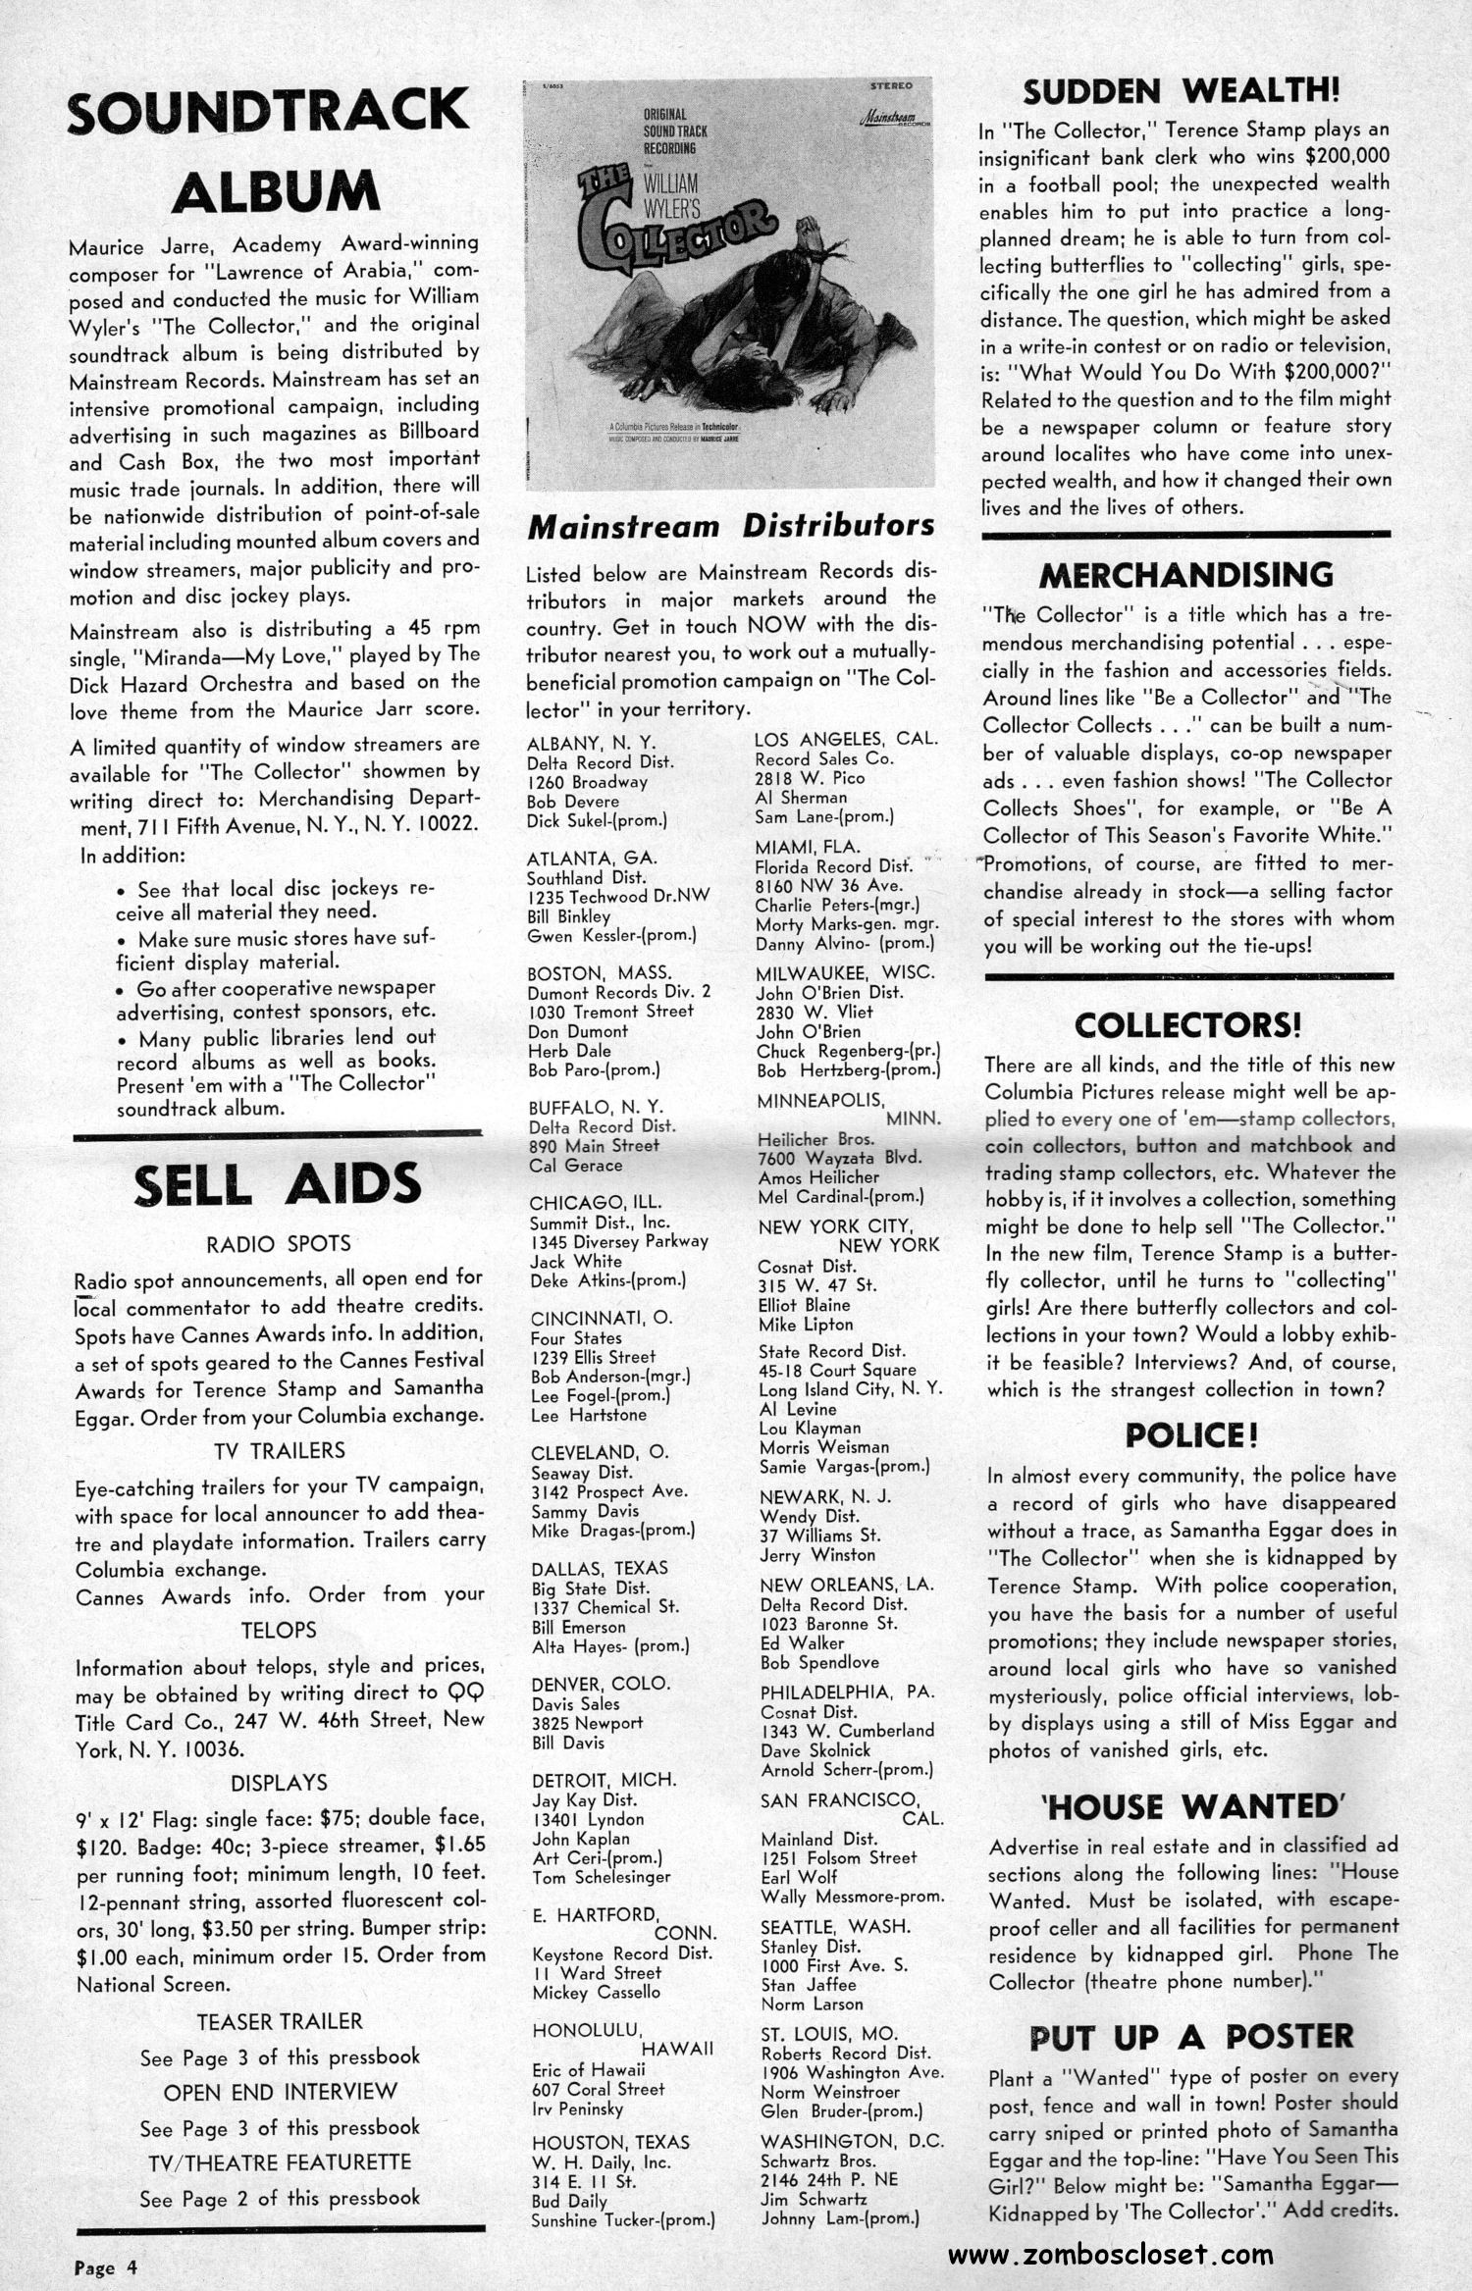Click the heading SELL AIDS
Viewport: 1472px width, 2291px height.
(278, 1185)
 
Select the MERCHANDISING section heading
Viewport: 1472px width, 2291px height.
(1186, 575)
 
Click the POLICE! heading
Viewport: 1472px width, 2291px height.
(1191, 1434)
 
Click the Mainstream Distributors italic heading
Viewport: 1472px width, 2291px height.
(730, 527)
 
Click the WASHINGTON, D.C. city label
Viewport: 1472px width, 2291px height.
(852, 2140)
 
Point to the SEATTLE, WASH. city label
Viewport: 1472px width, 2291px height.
(834, 1926)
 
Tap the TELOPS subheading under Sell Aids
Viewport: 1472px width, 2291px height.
(279, 1630)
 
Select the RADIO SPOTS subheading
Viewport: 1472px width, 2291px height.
(279, 1243)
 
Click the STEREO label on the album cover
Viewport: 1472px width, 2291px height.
(890, 86)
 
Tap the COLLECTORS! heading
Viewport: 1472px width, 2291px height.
(1187, 1026)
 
